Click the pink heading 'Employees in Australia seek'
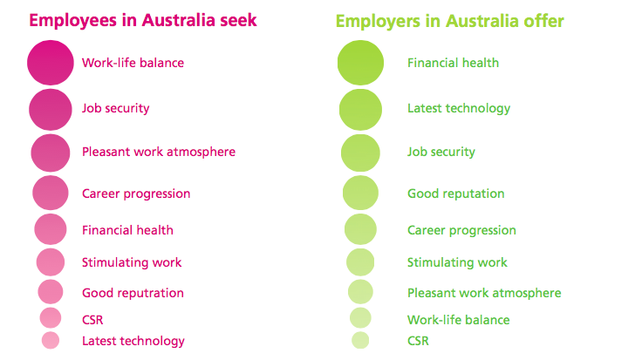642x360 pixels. point(143,20)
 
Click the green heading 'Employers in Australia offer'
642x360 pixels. point(449,22)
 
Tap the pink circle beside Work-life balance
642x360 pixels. point(51,63)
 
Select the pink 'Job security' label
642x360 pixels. point(115,109)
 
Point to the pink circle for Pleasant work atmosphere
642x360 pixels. point(51,153)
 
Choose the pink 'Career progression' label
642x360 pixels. point(136,194)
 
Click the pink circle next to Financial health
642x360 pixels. point(51,229)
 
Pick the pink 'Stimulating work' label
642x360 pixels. point(132,262)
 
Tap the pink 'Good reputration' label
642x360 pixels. point(133,294)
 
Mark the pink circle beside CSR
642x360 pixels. point(51,318)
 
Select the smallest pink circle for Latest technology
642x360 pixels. point(51,340)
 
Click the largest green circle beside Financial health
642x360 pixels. point(360,63)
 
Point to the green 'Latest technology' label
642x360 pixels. point(459,109)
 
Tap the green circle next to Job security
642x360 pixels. point(360,153)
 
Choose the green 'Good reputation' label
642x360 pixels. point(455,194)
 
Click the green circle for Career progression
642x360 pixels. point(360,229)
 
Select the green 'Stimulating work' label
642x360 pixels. point(457,262)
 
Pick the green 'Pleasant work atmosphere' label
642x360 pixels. point(484,294)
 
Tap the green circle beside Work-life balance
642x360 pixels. point(360,318)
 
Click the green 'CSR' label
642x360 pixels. point(418,341)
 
